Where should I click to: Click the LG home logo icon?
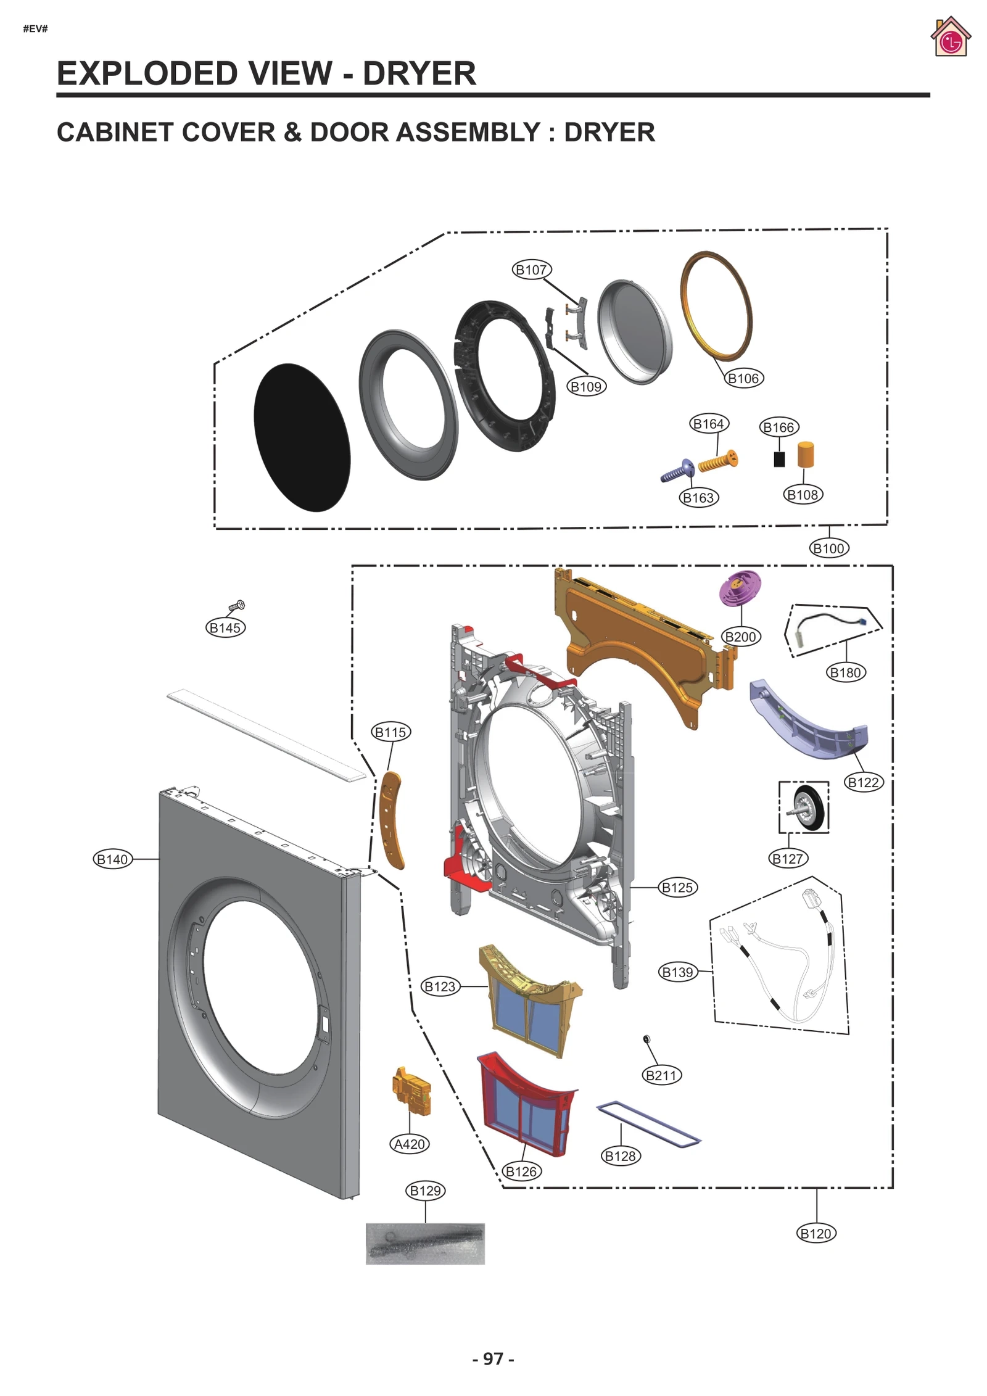point(950,37)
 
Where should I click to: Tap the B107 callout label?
point(531,270)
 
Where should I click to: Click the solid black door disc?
point(302,437)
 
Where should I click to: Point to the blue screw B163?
point(677,471)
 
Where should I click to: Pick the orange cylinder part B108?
point(805,455)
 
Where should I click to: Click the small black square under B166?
point(779,459)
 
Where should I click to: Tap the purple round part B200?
point(740,587)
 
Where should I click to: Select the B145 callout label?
point(225,628)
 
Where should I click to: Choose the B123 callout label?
point(440,986)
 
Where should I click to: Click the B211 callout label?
point(661,1075)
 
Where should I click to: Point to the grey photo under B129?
point(425,1244)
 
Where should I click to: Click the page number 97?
point(493,1359)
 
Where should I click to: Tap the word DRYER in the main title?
point(419,74)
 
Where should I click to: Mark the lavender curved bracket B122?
point(808,722)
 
